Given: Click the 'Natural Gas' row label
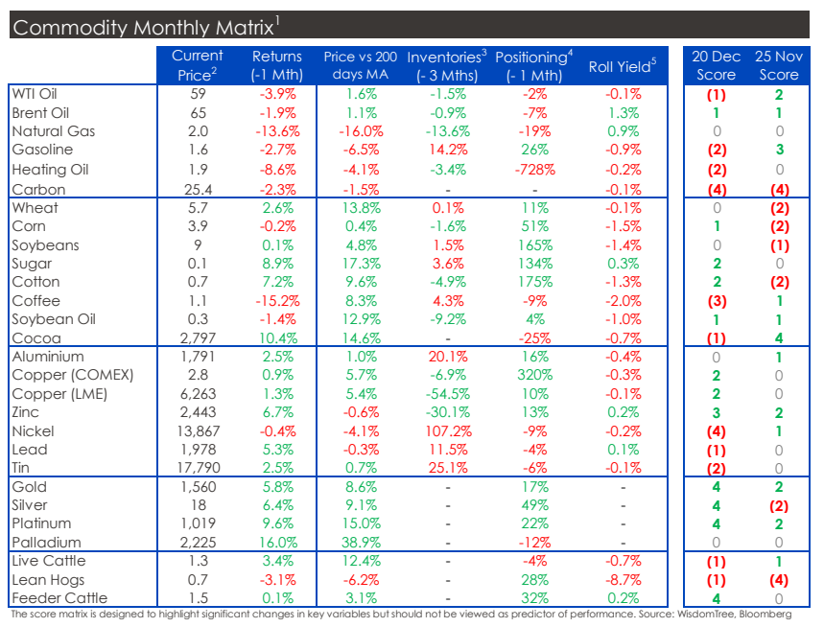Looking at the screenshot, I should click(x=53, y=131).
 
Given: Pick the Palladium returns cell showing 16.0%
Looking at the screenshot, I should click(x=276, y=543).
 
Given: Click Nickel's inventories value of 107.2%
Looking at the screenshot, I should click(x=447, y=431).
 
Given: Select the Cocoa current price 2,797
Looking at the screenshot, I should click(x=200, y=337).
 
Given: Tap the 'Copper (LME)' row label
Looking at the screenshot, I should click(x=59, y=394).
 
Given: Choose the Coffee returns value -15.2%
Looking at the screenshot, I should click(x=276, y=300).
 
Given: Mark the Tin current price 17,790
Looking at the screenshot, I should click(x=200, y=469).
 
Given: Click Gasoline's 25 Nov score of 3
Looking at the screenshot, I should click(x=778, y=150).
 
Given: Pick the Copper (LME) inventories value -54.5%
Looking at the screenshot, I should click(x=447, y=394).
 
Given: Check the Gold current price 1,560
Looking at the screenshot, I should click(x=200, y=487).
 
